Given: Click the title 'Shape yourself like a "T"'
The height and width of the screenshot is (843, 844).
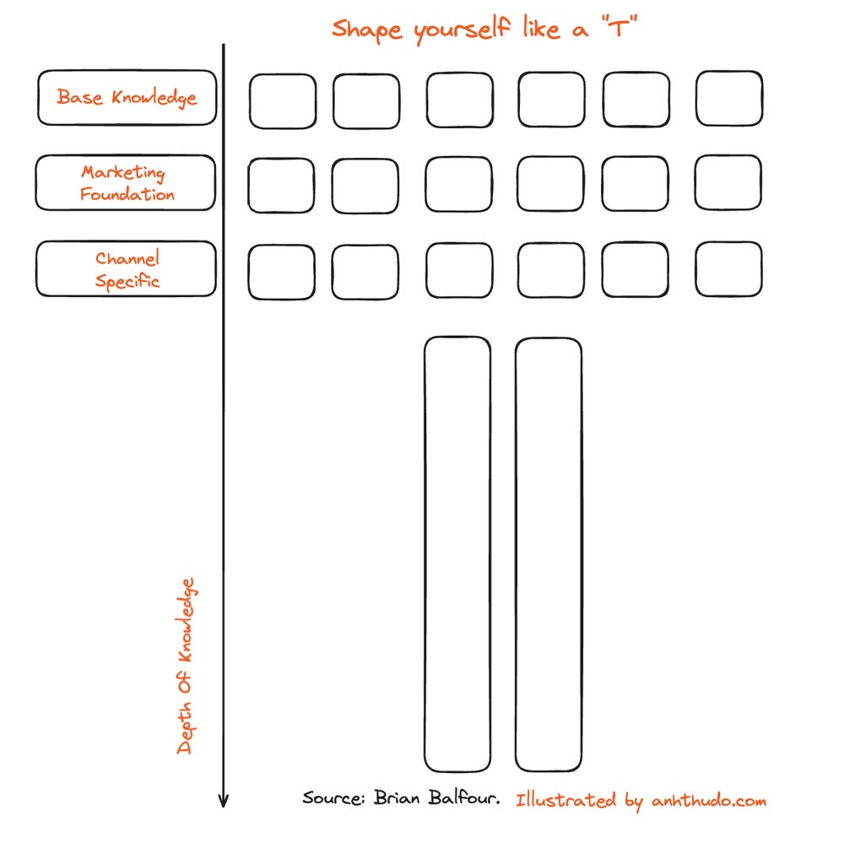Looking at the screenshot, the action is click(484, 29).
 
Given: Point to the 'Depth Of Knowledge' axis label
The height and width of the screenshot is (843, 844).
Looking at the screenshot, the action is click(186, 666).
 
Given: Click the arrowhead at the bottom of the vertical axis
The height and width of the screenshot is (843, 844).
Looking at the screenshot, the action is click(224, 807).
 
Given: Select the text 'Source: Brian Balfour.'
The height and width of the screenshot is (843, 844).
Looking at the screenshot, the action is click(401, 797).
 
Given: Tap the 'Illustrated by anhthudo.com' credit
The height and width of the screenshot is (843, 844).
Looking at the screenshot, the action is click(641, 801).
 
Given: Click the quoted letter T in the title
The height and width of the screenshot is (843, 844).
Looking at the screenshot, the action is click(619, 28).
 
